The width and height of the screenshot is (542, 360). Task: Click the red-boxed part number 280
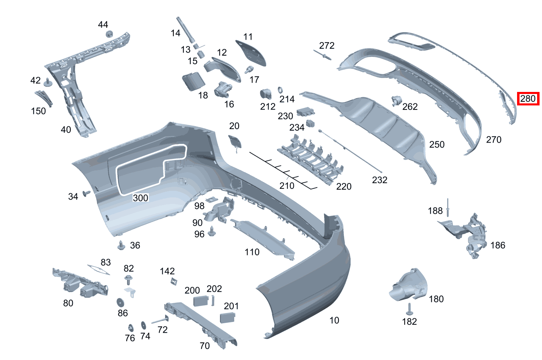click(x=528, y=98)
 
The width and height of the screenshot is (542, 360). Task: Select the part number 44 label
click(x=103, y=25)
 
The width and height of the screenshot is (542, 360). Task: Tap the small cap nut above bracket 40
click(x=109, y=34)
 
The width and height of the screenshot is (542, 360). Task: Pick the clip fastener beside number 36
click(x=121, y=245)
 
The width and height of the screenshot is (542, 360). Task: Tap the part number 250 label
click(x=437, y=145)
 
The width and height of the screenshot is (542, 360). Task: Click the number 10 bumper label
click(x=334, y=320)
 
